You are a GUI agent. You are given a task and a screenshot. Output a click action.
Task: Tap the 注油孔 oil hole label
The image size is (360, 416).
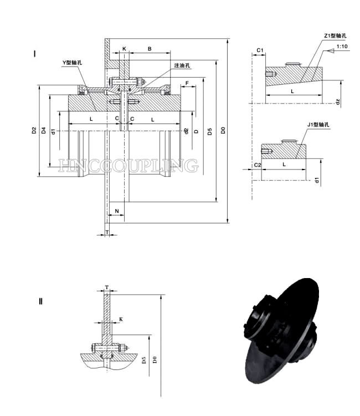pos(182,65)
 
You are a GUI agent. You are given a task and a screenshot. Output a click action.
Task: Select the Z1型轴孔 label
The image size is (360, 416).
pos(335,36)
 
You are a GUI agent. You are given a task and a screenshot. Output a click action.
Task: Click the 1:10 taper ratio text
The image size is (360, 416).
pos(342,47)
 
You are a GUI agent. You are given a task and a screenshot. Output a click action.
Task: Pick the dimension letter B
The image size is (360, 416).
pos(149,49)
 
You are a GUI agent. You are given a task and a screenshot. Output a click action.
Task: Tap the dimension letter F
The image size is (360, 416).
pos(188,83)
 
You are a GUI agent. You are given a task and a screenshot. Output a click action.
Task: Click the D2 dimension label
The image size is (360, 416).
pos(34,131)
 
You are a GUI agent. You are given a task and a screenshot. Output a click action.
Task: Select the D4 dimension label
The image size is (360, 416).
pos(43,131)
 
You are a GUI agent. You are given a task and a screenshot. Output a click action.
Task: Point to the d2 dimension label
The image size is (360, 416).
pos(187,131)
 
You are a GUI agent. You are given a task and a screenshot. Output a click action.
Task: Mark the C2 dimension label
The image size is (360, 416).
pos(257,165)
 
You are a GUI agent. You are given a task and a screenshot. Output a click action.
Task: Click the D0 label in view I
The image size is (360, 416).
pos(223,131)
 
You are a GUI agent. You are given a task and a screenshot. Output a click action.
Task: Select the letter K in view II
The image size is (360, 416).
pos(121,319)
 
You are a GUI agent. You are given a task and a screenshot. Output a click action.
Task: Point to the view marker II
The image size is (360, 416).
pos(40,301)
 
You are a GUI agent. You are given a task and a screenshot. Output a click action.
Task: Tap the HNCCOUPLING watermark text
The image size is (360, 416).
pos(128,165)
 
